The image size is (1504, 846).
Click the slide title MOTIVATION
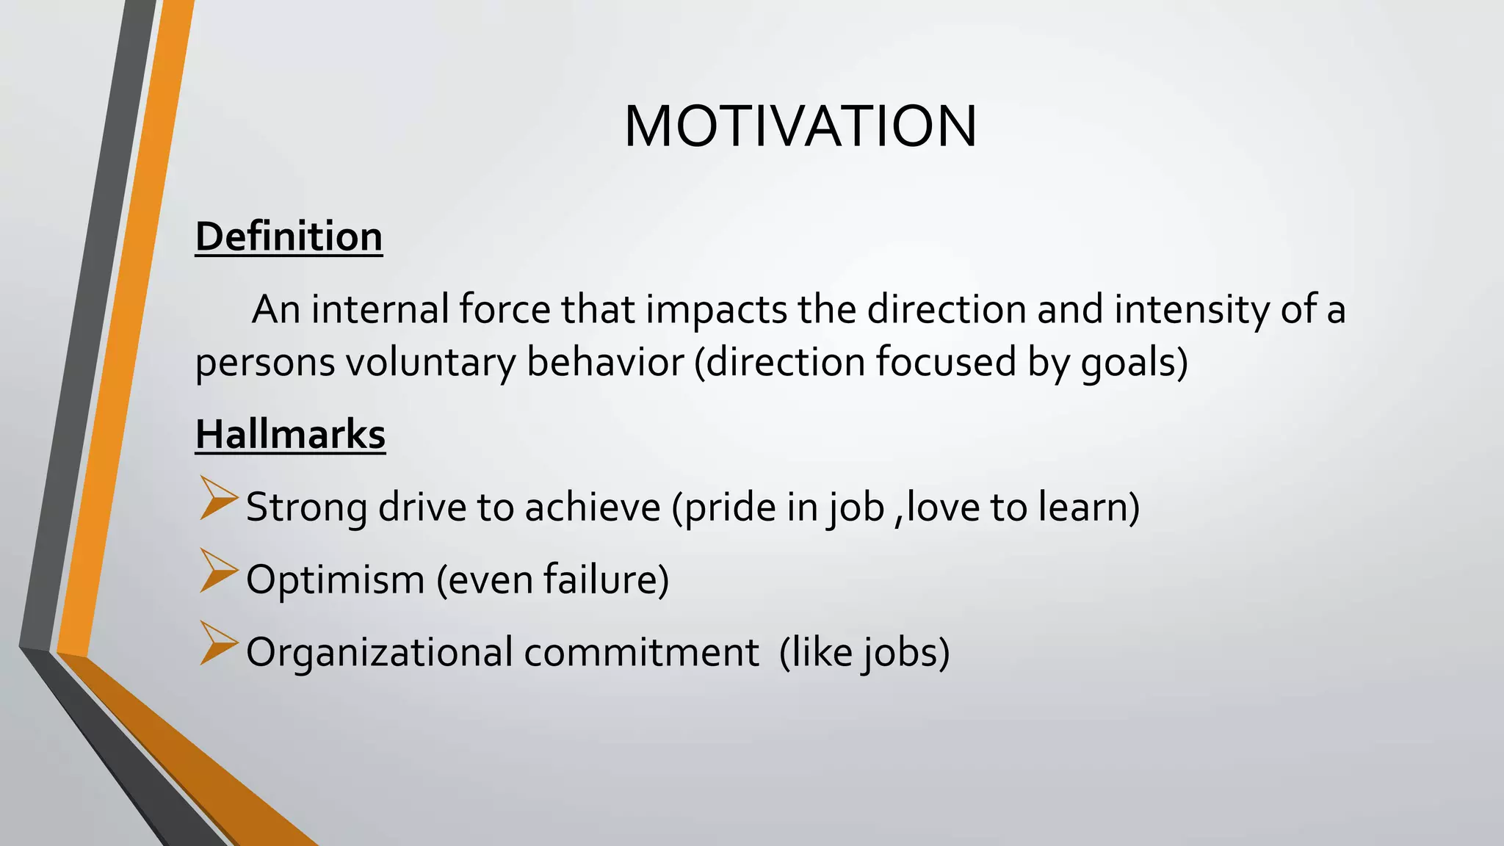800,126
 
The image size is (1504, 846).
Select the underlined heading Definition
289,237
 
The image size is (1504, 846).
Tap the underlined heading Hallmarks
290,434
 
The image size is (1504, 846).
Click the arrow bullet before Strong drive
217,499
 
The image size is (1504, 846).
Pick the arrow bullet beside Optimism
217,571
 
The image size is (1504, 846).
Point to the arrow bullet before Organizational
217,643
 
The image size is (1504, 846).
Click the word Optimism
335,579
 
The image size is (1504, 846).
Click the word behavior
605,363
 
